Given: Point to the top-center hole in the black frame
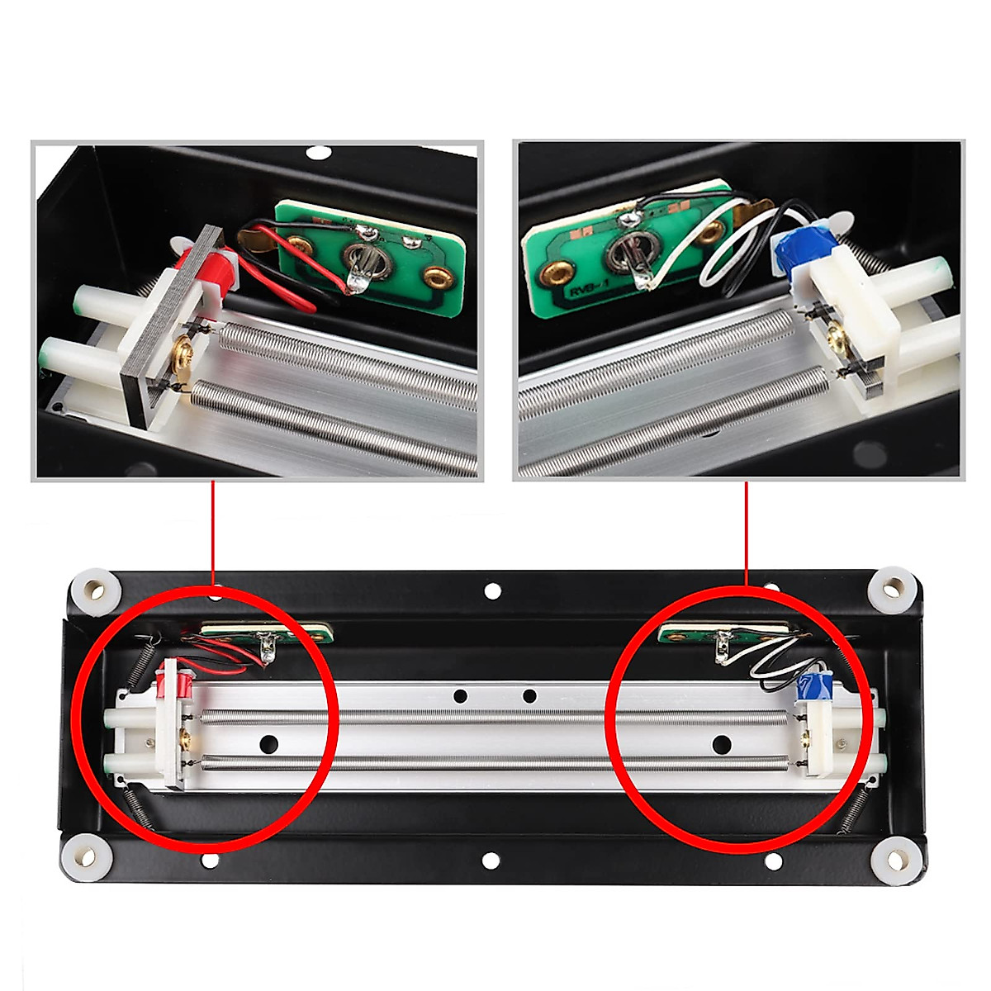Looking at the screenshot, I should [492, 590].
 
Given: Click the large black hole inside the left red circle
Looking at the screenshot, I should [268, 743].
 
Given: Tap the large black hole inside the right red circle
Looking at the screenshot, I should [721, 742].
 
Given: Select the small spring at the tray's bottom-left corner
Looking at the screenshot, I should [140, 804].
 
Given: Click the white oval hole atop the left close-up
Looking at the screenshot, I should [316, 153].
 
